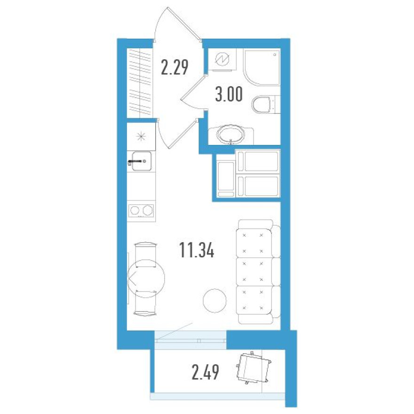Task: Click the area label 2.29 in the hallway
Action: click(x=175, y=67)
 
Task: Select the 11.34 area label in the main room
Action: click(x=197, y=250)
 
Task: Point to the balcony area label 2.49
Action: click(x=206, y=372)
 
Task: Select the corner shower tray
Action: click(x=262, y=68)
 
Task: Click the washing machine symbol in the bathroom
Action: click(x=222, y=60)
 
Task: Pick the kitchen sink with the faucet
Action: click(x=141, y=161)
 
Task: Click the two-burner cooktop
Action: click(x=141, y=211)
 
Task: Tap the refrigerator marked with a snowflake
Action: click(x=141, y=136)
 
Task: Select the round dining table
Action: click(x=146, y=279)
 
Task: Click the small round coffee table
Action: click(x=215, y=301)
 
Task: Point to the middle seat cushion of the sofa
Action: click(x=254, y=272)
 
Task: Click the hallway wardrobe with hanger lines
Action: click(x=140, y=83)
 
